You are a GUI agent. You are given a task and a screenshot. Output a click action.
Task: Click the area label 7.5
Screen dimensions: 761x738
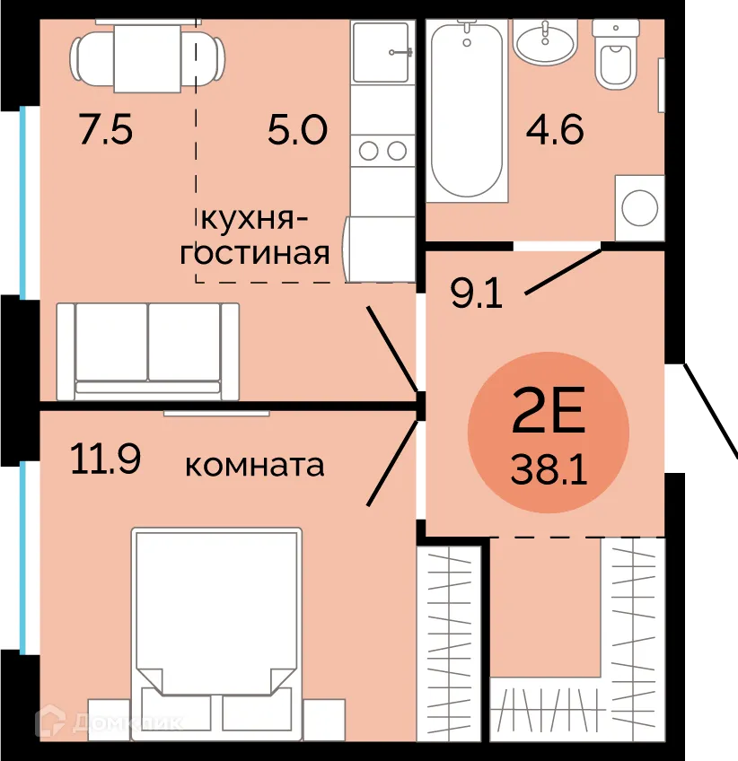pyautogui.click(x=106, y=131)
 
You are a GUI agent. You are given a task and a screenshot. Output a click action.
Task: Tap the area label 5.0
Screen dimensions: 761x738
pyautogui.click(x=296, y=131)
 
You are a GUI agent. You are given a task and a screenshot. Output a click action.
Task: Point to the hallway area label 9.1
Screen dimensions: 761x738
pyautogui.click(x=476, y=294)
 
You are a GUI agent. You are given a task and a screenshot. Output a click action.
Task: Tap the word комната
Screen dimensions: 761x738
pyautogui.click(x=254, y=466)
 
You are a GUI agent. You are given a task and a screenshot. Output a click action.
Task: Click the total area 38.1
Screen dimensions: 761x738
pyautogui.click(x=549, y=468)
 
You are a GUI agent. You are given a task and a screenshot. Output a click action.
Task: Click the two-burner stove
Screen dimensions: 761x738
pyautogui.click(x=381, y=151)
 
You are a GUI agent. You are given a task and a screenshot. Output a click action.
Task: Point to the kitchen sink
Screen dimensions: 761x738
pyautogui.click(x=380, y=50)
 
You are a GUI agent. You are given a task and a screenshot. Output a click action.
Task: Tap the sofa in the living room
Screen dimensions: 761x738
pyautogui.click(x=147, y=351)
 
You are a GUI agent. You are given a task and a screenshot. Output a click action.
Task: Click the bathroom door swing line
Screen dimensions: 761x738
pyautogui.click(x=563, y=269)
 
